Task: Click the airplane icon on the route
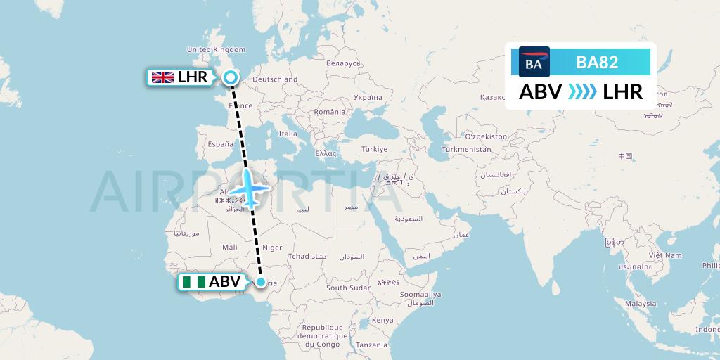pos(250,189)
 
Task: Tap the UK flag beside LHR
pos(162,77)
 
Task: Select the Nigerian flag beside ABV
pos(194,282)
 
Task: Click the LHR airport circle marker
pos(230,77)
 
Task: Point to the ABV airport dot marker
pos(261,283)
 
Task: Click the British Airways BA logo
pos(534,62)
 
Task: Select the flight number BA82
pos(597,62)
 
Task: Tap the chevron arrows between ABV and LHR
pos(581,92)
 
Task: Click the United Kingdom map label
pos(216,49)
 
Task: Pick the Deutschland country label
pos(275,79)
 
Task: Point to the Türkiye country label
pos(374,149)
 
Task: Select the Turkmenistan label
pos(466,149)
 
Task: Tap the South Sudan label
pos(349,288)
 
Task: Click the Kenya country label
pos(382,320)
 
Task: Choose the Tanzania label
pos(371,345)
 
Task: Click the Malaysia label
pos(641,304)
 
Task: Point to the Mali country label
pos(230,247)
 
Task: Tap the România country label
pos(330,111)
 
